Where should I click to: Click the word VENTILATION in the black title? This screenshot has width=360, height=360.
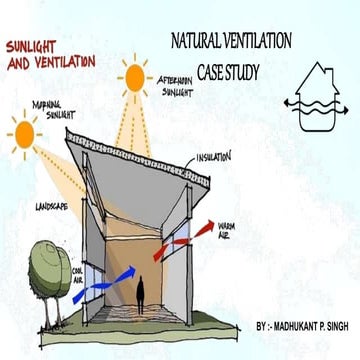point(259,43)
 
